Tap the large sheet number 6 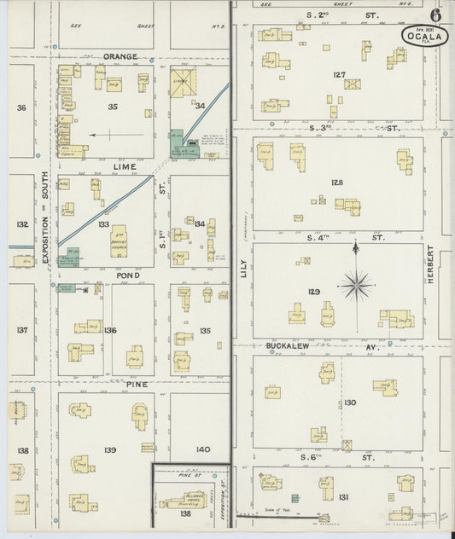tap(435, 15)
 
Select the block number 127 tap(339, 75)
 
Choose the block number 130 tap(349, 403)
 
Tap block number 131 tap(343, 496)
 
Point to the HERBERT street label tap(431, 266)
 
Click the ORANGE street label tap(120, 56)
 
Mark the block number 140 tap(202, 449)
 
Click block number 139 tap(110, 449)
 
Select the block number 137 tap(22, 330)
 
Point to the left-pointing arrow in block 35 tap(104, 135)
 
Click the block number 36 tap(21, 107)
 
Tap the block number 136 tap(109, 330)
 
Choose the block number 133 tap(103, 224)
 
